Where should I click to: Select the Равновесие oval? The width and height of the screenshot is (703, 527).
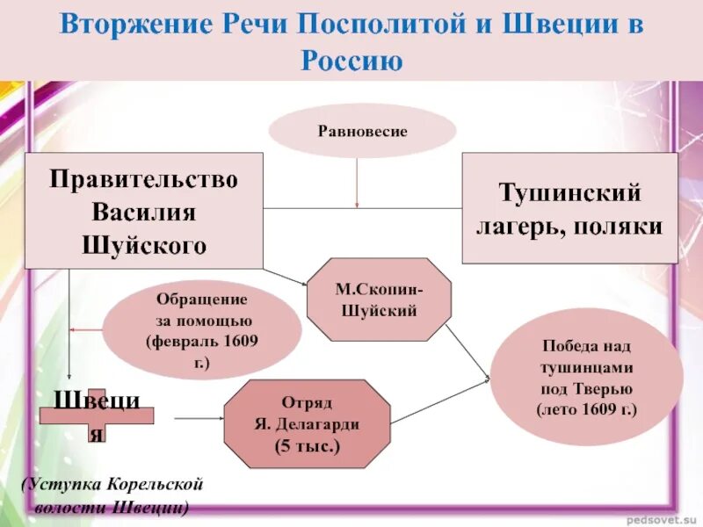362,131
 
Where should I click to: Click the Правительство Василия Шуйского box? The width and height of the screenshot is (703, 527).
143,211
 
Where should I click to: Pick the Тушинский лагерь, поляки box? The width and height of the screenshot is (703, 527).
569,208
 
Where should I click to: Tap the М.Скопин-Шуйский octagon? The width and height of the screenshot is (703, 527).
378,299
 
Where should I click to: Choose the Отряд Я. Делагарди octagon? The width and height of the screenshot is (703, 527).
308,424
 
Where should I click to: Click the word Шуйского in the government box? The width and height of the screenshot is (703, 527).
143,244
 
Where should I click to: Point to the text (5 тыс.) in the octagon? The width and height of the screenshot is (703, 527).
308,445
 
